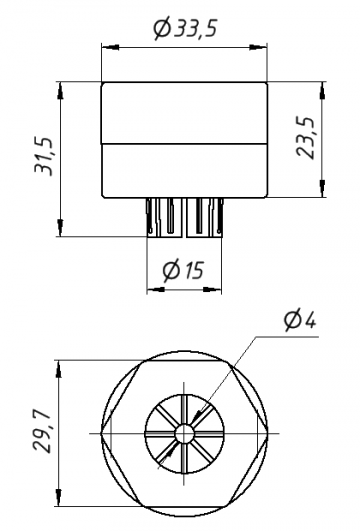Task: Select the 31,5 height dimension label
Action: [44, 156]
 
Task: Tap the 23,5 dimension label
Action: [306, 137]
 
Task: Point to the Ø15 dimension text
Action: [183, 270]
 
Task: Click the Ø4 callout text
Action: [300, 320]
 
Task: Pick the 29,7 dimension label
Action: [42, 433]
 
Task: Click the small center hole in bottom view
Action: [185, 433]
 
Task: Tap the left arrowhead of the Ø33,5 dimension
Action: [110, 48]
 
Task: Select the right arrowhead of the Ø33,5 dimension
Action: [258, 48]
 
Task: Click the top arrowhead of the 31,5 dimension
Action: [60, 90]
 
